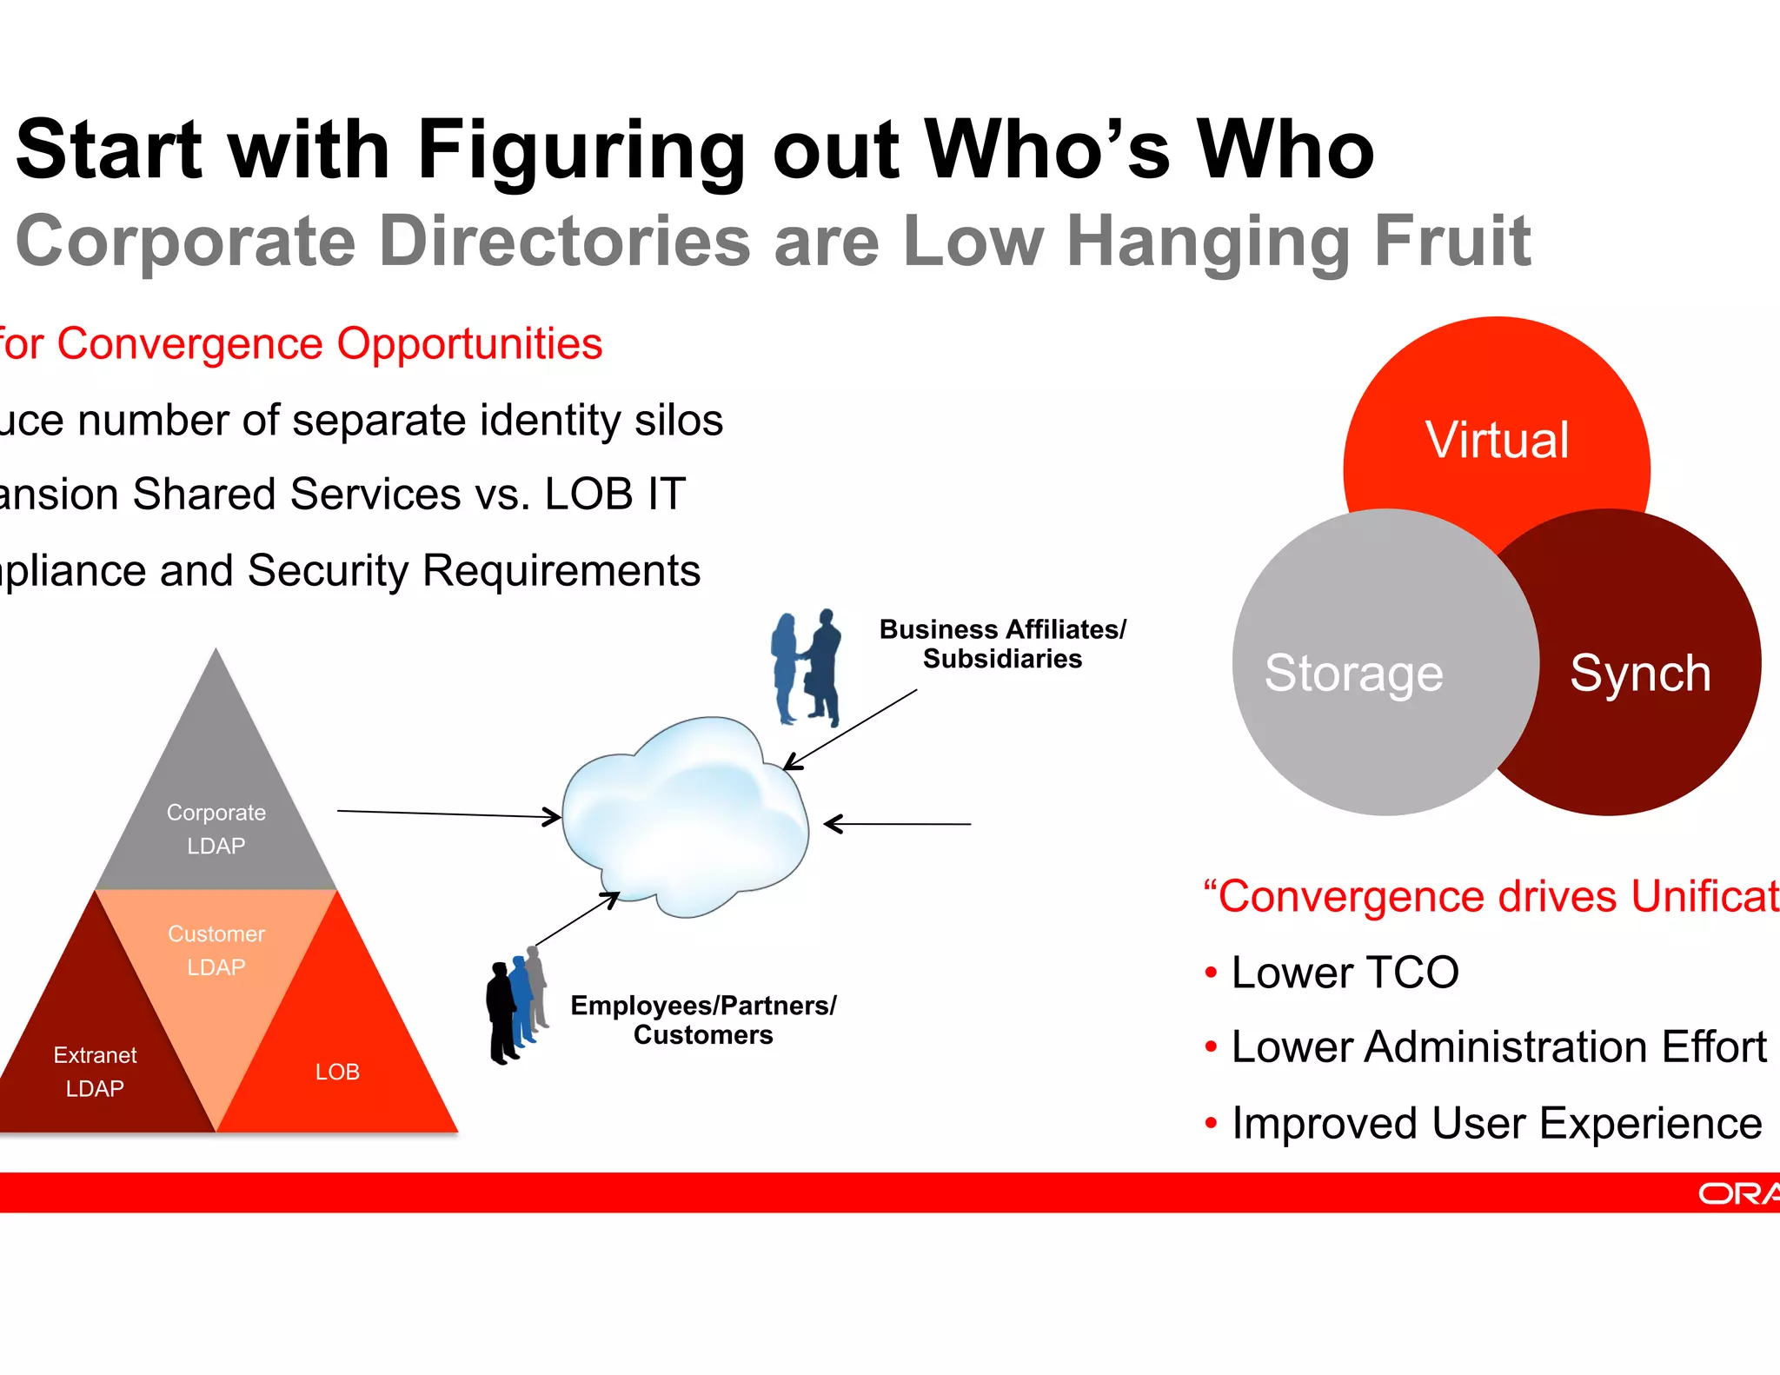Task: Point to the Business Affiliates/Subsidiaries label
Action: [1002, 644]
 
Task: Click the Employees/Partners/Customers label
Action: [703, 1020]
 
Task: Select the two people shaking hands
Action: [807, 668]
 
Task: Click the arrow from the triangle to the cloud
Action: [448, 814]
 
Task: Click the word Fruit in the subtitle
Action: [1451, 242]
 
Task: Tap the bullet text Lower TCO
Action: [1345, 972]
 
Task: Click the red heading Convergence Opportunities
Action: [330, 343]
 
